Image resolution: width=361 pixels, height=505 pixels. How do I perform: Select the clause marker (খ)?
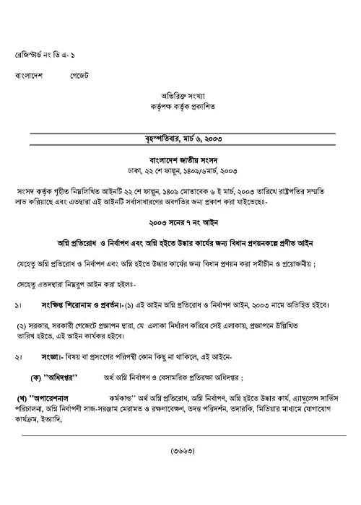coord(25,398)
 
